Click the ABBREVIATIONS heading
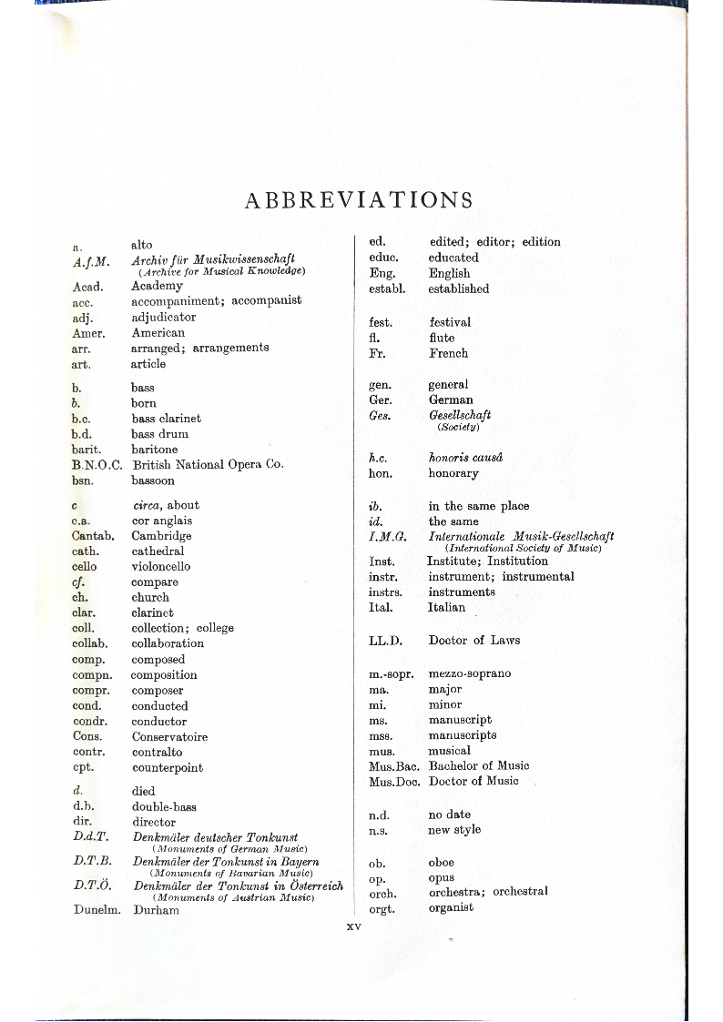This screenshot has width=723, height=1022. (359, 200)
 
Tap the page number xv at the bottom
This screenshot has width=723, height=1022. (354, 926)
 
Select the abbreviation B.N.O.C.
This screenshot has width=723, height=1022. (97, 465)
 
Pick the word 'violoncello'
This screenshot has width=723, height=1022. (161, 566)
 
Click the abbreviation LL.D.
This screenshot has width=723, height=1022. (385, 641)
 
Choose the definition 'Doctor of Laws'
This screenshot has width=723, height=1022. (474, 641)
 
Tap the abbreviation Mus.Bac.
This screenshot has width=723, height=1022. (393, 766)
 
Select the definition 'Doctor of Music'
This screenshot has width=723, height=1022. (474, 781)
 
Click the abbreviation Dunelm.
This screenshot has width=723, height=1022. (97, 910)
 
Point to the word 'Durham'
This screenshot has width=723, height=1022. (156, 910)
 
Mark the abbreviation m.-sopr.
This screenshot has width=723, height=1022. (392, 673)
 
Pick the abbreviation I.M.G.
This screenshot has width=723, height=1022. (382, 537)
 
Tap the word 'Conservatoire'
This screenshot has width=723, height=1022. (169, 736)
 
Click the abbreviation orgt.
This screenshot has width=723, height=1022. (382, 907)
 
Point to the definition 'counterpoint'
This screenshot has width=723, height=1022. (168, 767)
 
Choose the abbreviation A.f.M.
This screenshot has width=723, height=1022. (91, 261)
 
